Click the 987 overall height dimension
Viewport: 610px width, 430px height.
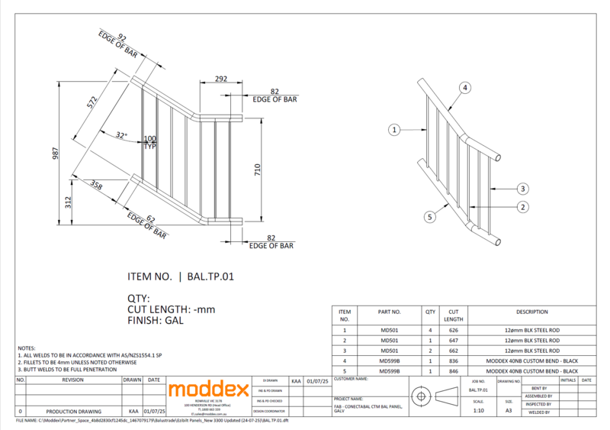(x=56, y=154)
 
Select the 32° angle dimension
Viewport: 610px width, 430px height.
(x=120, y=136)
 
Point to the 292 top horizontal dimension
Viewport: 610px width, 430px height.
(x=220, y=79)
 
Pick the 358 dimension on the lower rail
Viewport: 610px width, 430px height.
(x=96, y=186)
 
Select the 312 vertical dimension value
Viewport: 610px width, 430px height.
(x=67, y=203)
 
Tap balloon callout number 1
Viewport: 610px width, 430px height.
(x=394, y=130)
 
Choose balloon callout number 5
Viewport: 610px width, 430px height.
(x=430, y=217)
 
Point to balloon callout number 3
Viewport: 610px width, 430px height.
(x=522, y=188)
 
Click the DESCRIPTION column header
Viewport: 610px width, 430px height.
(x=531, y=312)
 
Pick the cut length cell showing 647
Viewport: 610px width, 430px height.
(x=454, y=340)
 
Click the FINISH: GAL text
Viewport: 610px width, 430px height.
(x=156, y=321)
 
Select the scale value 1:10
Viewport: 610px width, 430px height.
(x=478, y=410)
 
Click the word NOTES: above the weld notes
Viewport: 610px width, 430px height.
(x=27, y=348)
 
